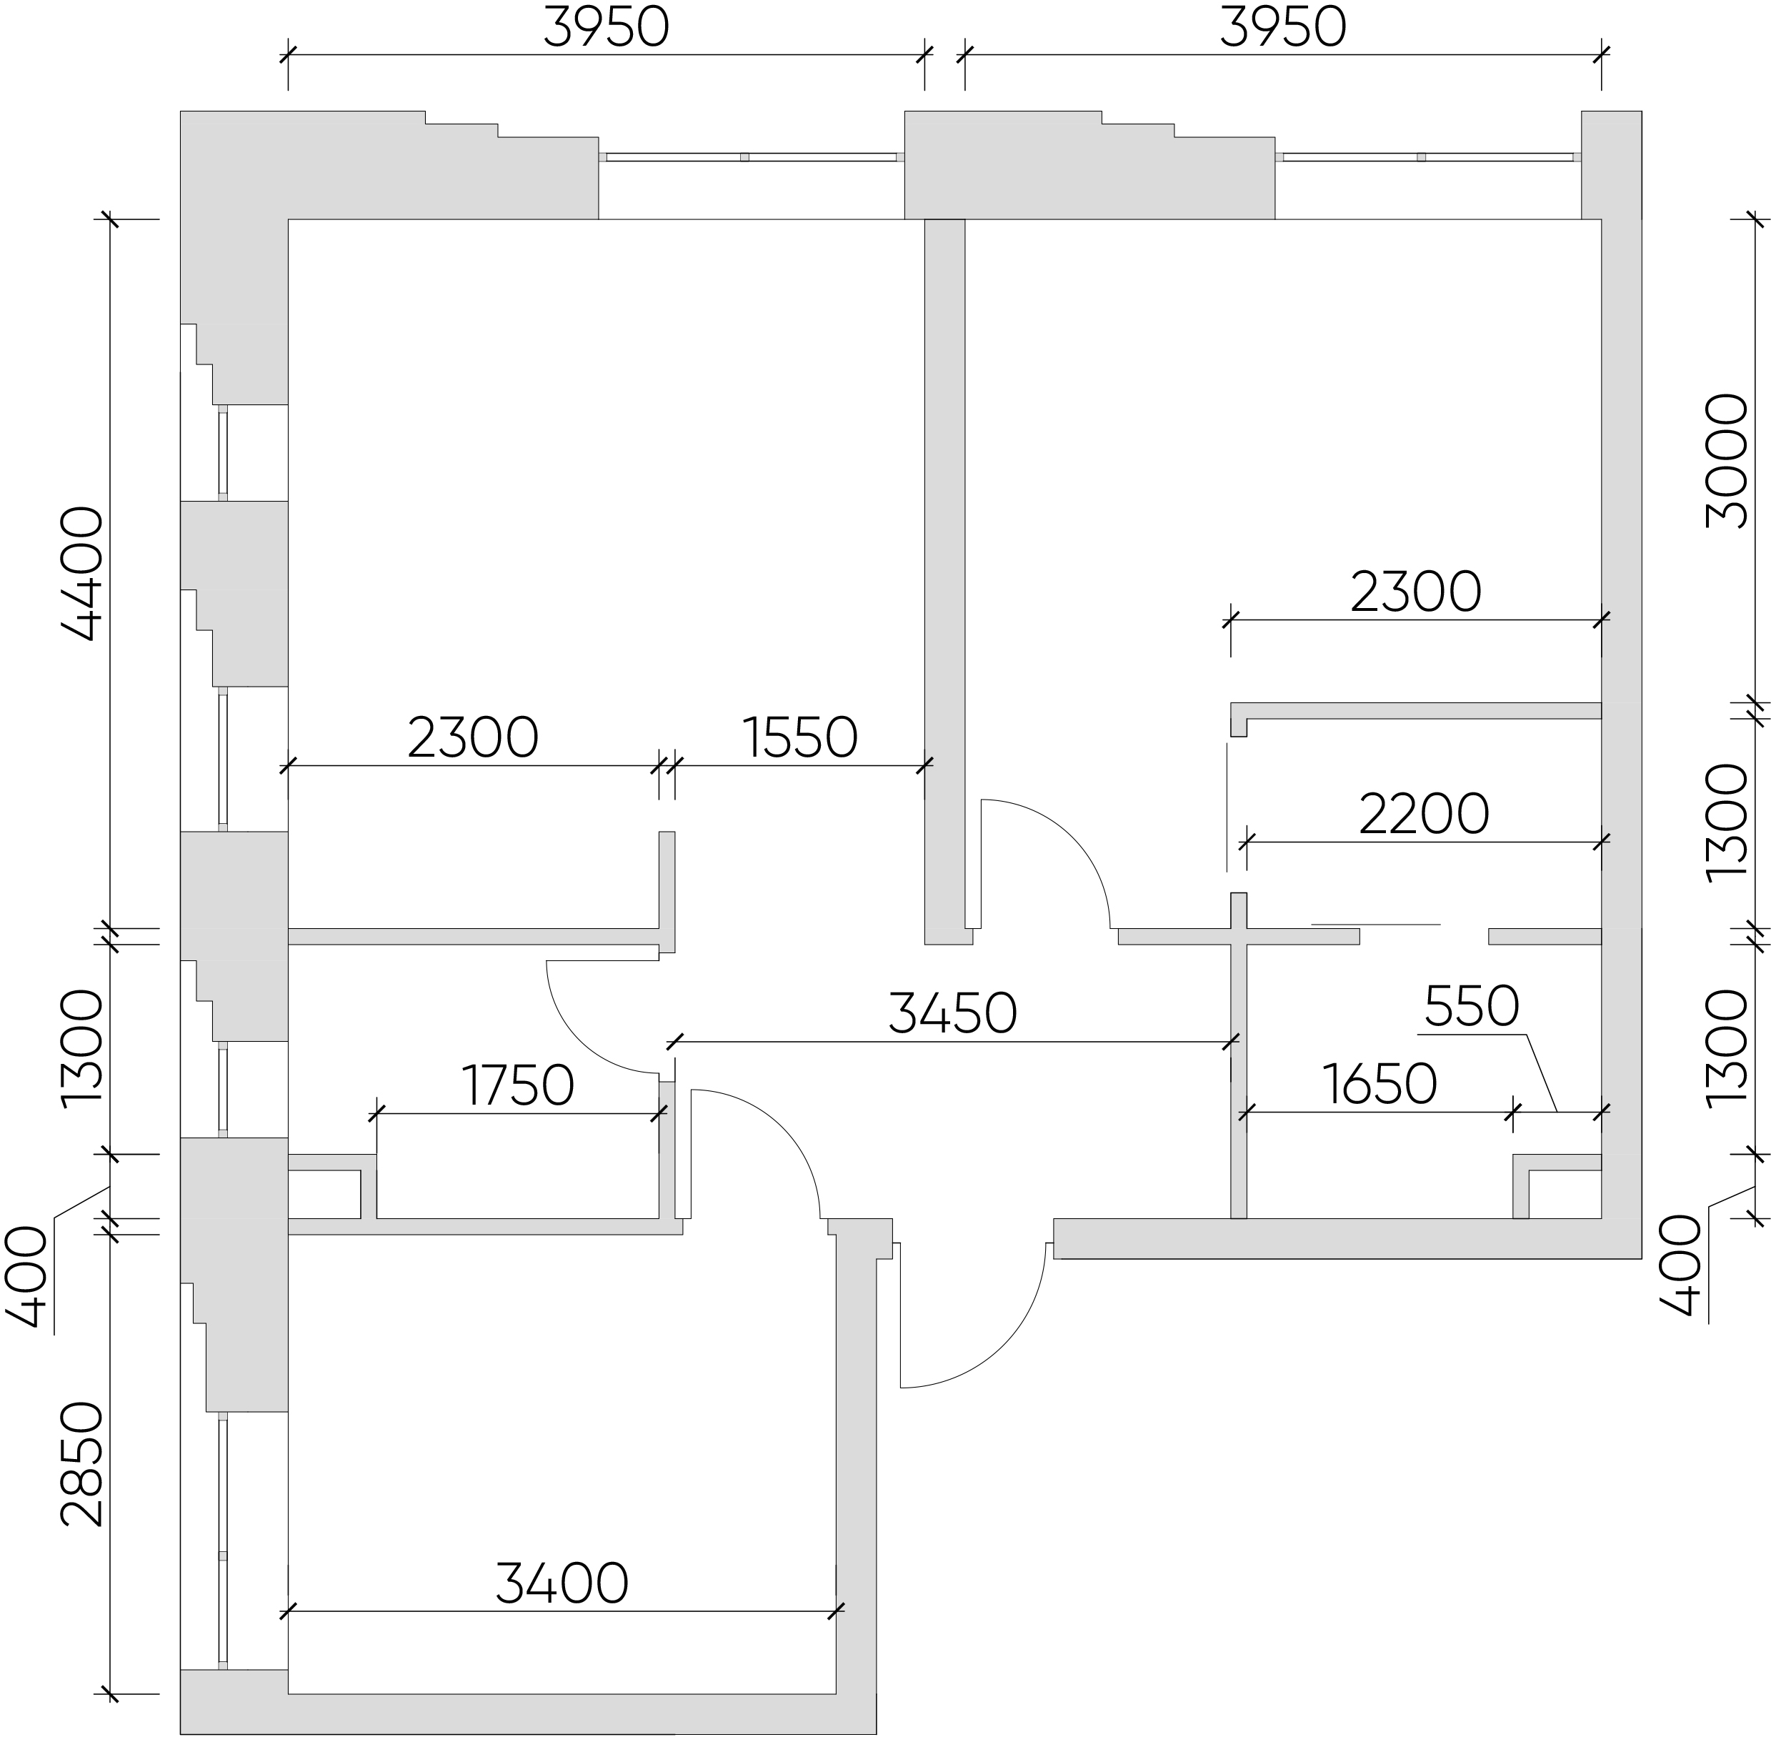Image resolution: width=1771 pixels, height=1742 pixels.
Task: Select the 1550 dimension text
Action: click(800, 737)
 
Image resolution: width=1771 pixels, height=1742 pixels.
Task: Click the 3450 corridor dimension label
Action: click(952, 1012)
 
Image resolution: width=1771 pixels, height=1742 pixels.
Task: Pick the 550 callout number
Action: click(1472, 1007)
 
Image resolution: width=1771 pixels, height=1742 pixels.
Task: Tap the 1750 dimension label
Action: click(518, 1085)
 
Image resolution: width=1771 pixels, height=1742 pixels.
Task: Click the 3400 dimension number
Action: click(562, 1583)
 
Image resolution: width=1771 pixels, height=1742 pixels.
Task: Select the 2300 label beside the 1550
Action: click(473, 737)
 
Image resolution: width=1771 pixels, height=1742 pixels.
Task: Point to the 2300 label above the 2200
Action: click(1416, 592)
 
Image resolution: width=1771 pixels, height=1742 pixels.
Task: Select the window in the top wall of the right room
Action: click(1428, 157)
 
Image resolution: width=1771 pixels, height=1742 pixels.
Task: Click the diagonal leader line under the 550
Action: click(1542, 1072)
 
